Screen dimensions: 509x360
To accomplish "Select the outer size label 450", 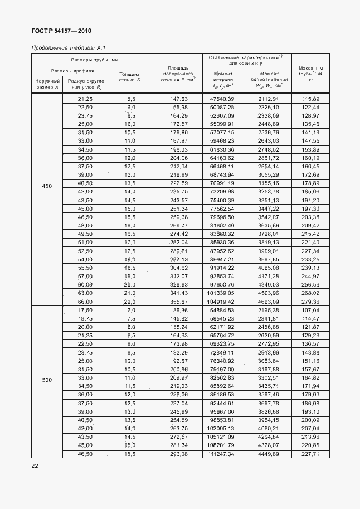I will [x=47, y=186].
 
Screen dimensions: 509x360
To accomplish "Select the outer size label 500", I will [x=47, y=380].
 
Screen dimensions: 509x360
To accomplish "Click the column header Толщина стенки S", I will [x=130, y=77].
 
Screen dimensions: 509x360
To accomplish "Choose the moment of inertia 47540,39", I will [x=222, y=99].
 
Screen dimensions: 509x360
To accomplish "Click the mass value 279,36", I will [x=310, y=301].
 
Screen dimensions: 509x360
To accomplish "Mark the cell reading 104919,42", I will [x=222, y=301].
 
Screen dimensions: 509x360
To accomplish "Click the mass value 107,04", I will [x=310, y=309].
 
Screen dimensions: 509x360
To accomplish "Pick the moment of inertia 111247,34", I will [x=222, y=454].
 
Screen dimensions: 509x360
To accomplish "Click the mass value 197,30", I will [x=310, y=208].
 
